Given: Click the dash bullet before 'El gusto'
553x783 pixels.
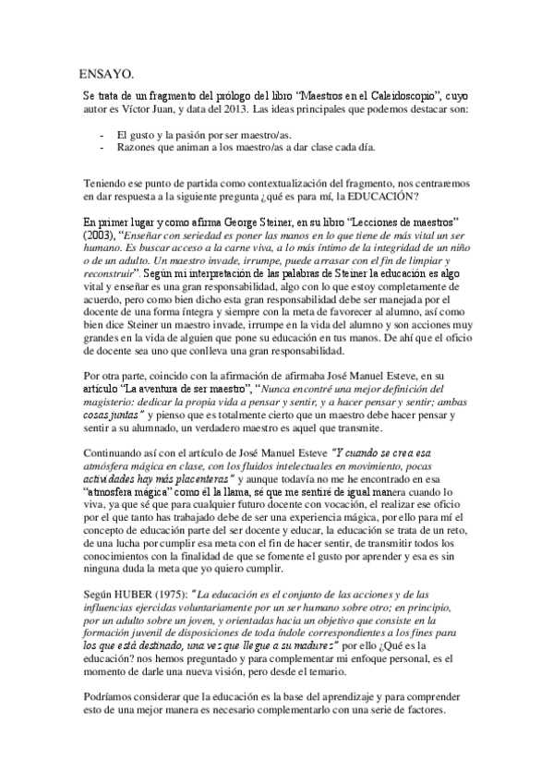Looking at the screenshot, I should tap(101, 135).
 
